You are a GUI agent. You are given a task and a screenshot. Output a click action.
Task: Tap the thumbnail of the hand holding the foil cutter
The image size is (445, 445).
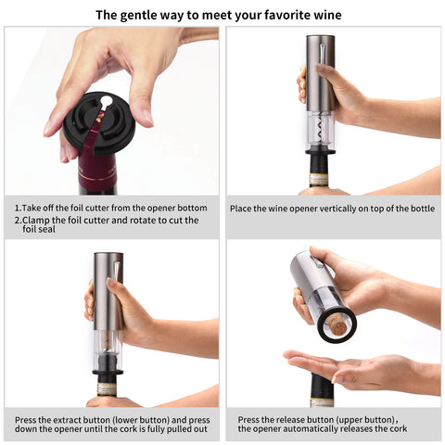tap(148, 119)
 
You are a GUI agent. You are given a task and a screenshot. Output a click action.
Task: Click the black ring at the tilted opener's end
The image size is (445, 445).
tap(337, 324)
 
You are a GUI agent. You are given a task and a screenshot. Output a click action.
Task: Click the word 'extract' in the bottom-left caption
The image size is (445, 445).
tap(67, 420)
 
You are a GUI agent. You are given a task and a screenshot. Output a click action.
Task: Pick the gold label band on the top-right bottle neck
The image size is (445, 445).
tap(318, 180)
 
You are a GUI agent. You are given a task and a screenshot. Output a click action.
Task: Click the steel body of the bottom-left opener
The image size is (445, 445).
tap(108, 291)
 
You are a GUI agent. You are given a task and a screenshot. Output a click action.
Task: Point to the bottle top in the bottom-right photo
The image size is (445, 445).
tap(321, 390)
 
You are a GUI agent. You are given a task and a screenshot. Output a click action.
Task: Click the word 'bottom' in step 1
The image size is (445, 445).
tap(193, 208)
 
